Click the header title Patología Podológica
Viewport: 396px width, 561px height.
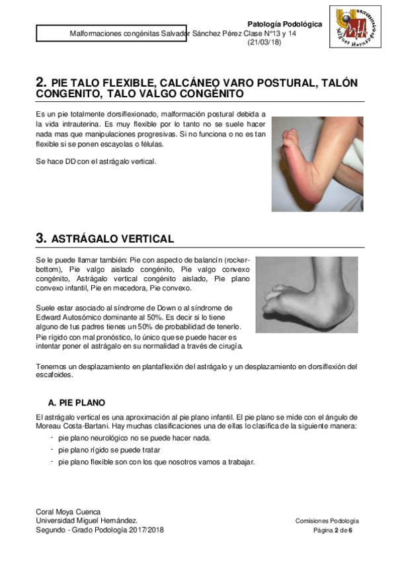[284, 23]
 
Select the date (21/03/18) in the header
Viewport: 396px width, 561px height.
[264, 42]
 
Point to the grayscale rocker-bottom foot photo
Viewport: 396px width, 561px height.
[306, 294]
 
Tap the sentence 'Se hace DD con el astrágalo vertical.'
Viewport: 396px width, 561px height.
[97, 161]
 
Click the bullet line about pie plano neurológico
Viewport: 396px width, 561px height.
[134, 438]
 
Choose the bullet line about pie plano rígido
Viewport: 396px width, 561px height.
[109, 449]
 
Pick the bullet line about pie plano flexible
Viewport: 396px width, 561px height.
[156, 461]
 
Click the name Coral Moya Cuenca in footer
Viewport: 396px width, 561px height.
[68, 511]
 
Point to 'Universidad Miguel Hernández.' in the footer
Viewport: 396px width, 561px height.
[87, 521]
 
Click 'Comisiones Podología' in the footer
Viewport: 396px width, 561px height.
[327, 521]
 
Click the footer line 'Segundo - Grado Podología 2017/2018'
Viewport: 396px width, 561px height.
[100, 530]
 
